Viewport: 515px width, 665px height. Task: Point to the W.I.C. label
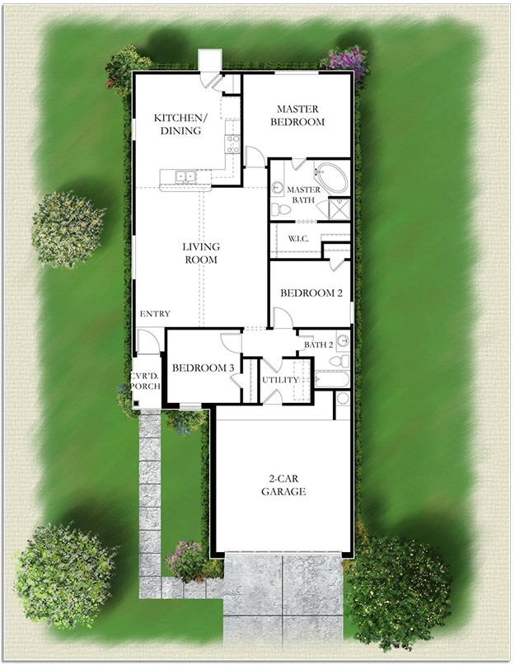(298, 239)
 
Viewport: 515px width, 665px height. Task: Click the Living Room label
(201, 252)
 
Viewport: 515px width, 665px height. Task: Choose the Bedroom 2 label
(311, 293)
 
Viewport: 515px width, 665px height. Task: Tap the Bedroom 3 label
(203, 368)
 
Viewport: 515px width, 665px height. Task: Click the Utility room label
(279, 380)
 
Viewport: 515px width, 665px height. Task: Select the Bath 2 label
(318, 344)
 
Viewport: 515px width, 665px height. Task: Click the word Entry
(155, 314)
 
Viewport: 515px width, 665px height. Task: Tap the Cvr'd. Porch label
(145, 380)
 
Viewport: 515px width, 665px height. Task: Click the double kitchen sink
(187, 176)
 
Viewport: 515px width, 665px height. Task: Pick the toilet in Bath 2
(340, 361)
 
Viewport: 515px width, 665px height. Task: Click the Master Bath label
(302, 195)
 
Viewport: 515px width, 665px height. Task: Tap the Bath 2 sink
(342, 340)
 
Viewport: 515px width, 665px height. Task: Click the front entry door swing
(148, 340)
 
